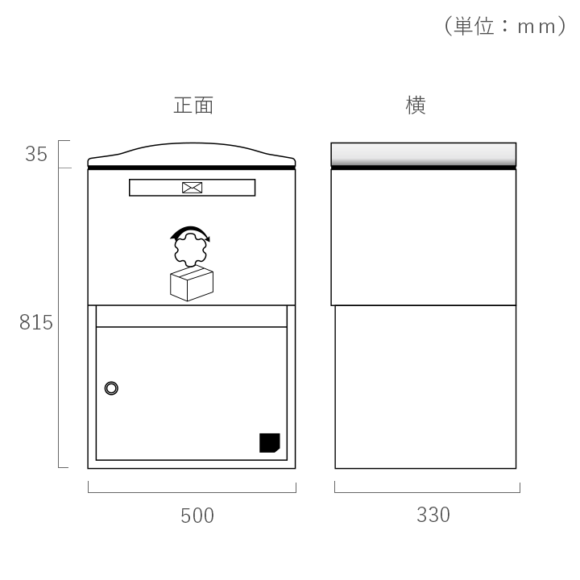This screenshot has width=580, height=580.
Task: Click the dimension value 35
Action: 36,154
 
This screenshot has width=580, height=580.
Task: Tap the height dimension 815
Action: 36,322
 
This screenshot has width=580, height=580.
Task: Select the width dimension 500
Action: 197,516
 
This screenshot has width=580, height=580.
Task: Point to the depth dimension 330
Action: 433,515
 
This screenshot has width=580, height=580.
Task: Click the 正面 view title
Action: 193,106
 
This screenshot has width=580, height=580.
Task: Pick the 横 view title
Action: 416,106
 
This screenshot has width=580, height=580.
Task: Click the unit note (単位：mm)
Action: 505,26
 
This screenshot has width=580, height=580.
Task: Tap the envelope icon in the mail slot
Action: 192,188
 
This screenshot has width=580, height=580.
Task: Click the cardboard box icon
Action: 192,284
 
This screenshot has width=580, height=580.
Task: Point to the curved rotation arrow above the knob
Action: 190,229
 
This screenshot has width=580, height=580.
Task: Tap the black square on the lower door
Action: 269,443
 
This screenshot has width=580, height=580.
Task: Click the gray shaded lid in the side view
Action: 424,154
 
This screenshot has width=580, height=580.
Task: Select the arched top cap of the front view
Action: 192,154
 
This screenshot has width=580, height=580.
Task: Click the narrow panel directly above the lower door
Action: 192,317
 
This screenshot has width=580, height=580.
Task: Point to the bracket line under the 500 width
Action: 192,492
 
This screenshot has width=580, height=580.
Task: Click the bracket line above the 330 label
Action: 427,492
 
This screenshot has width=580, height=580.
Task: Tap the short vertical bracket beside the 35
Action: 59,154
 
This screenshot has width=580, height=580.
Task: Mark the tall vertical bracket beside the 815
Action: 59,317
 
